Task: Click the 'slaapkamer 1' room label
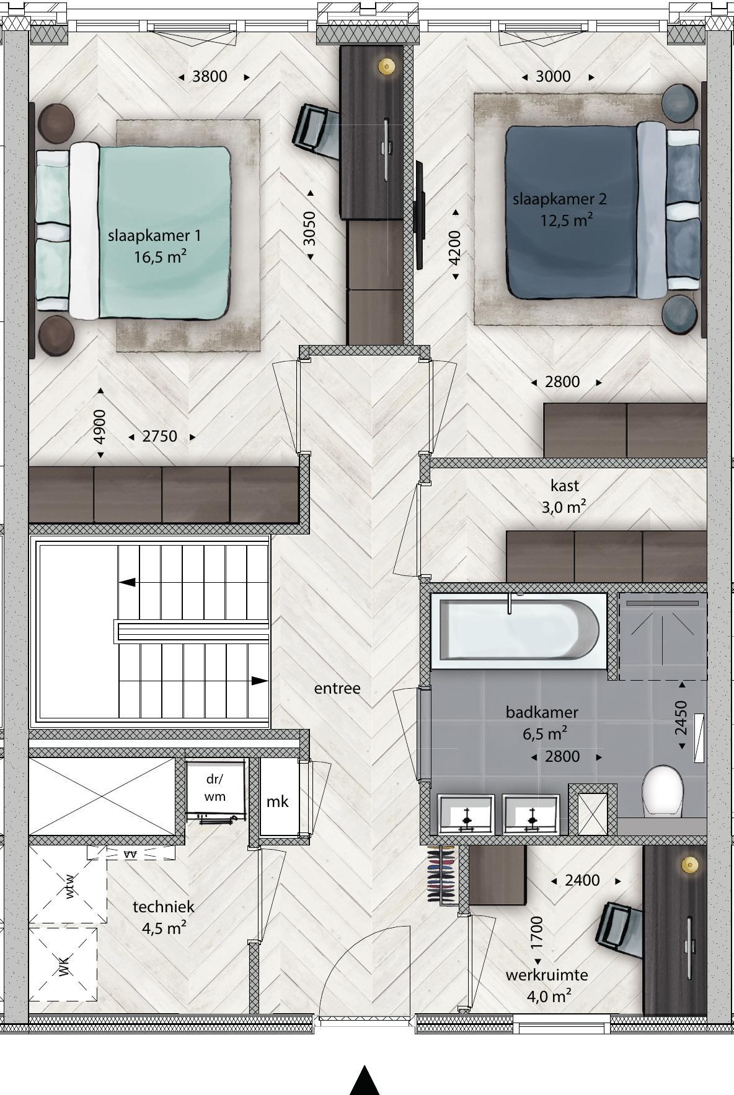point(154,236)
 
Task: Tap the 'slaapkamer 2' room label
point(559,199)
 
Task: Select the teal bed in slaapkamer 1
point(133,232)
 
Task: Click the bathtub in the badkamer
point(518,631)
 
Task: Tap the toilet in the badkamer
point(663,791)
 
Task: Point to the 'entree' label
point(337,688)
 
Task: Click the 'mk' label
point(277,801)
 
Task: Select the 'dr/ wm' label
point(214,788)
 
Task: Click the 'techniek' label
point(164,907)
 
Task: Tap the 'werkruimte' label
point(547,975)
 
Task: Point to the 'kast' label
point(565,486)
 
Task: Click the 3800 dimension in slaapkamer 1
point(210,76)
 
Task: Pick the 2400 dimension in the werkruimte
point(582,880)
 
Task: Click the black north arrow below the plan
point(365,1081)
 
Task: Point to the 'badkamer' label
point(542,712)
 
